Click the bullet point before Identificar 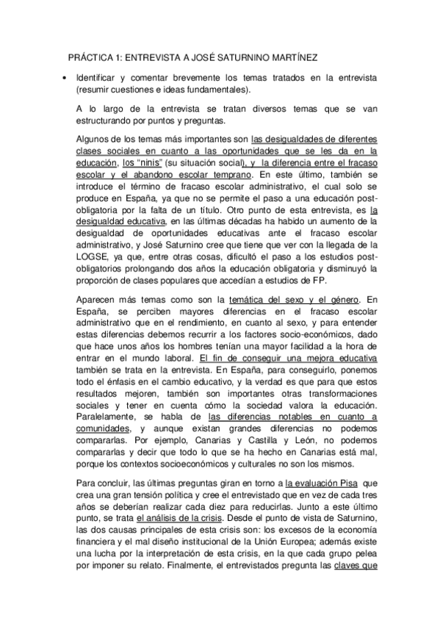click(x=65, y=78)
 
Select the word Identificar click(x=98, y=78)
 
